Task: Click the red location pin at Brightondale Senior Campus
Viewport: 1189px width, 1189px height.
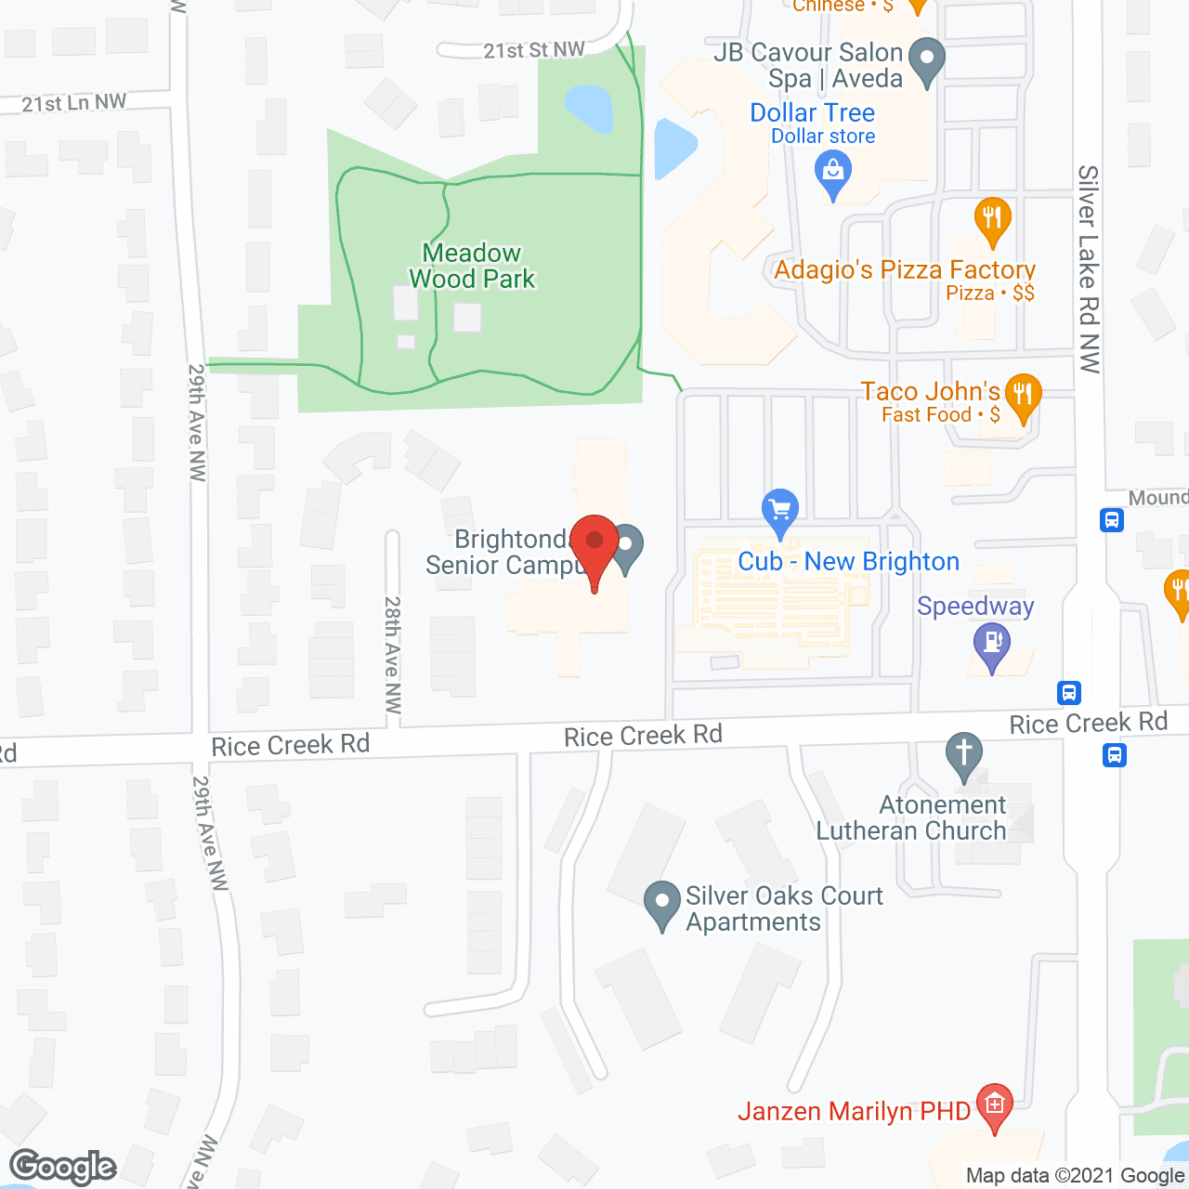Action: point(594,544)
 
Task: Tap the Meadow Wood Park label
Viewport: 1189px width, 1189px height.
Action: point(472,266)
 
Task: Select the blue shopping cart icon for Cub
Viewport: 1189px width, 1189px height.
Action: point(780,510)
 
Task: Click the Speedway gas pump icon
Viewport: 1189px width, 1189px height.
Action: point(992,642)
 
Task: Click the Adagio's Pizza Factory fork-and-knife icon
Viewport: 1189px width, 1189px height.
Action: point(992,219)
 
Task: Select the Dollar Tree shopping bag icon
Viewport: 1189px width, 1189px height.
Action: point(833,172)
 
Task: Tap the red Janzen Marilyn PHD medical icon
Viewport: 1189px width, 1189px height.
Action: point(995,1104)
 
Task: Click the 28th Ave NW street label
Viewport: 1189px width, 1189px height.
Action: point(393,655)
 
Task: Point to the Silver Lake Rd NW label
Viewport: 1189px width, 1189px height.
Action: point(1089,269)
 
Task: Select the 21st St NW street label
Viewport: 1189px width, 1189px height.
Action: point(534,50)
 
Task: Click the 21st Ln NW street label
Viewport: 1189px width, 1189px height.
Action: point(74,102)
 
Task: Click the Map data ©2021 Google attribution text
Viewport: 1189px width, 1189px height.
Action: point(1075,1176)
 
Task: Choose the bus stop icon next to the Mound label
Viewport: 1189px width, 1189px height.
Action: point(1112,519)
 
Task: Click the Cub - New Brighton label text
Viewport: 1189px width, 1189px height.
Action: point(848,562)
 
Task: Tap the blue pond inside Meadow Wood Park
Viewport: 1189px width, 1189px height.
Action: point(588,110)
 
